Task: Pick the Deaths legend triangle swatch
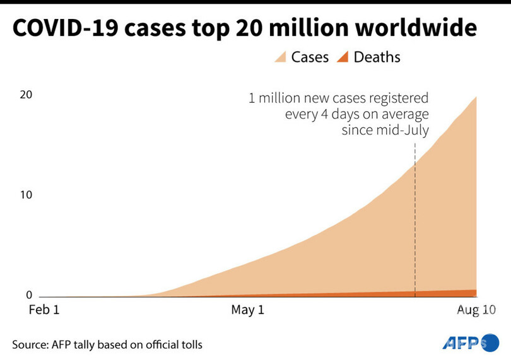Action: (x=341, y=57)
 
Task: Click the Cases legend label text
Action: (x=310, y=57)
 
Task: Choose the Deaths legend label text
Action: (x=377, y=57)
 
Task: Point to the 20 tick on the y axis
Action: (x=25, y=95)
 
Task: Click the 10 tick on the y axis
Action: (x=25, y=195)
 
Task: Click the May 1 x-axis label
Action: (x=249, y=310)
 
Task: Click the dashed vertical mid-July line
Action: (x=415, y=221)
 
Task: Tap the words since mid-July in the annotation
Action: (x=385, y=131)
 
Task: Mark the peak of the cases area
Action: (x=476, y=98)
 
